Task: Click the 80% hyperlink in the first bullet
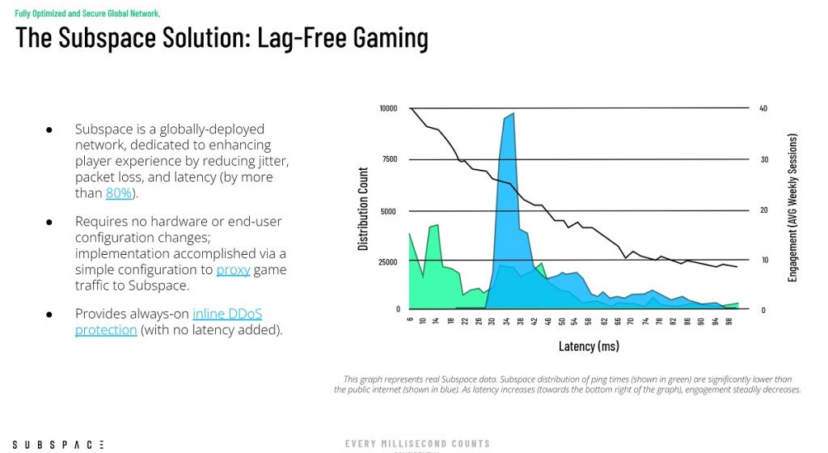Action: coord(118,193)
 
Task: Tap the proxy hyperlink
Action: coord(233,270)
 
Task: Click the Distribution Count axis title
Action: coord(363,209)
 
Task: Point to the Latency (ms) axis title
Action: coord(589,346)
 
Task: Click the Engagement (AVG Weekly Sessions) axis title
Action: coord(792,208)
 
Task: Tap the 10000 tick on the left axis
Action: coord(388,108)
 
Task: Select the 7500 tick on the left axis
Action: coord(390,159)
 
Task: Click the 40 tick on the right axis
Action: coord(763,108)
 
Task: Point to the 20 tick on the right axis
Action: coord(763,210)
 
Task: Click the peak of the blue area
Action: coord(513,113)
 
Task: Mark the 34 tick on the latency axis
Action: coord(506,320)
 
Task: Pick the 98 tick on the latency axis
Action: coord(729,320)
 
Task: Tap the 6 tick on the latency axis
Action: coord(410,320)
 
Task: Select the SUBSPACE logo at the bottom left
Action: coord(58,445)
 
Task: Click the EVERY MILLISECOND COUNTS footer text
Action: coord(418,444)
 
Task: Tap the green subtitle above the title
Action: coord(87,13)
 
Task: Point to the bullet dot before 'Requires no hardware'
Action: coord(49,222)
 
